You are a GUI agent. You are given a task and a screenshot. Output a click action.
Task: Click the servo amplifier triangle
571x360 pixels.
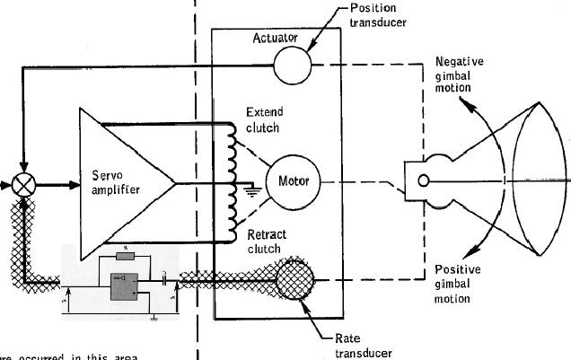point(127,171)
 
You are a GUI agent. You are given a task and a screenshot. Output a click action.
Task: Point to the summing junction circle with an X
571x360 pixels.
point(23,187)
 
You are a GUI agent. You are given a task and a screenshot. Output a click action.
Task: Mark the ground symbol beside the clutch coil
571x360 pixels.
point(252,189)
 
